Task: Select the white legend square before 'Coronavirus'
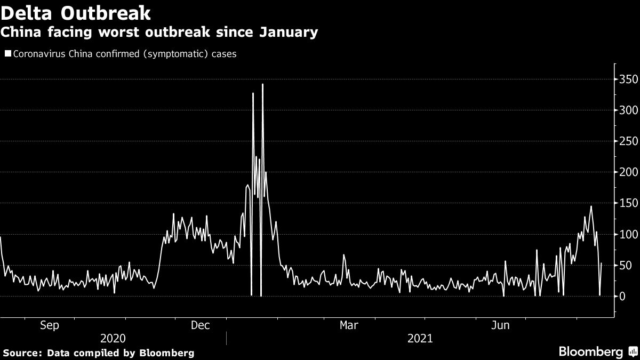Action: [7, 54]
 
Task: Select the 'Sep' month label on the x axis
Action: [50, 325]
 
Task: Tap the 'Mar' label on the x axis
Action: [349, 325]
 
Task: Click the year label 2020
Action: [113, 339]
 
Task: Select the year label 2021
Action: [420, 339]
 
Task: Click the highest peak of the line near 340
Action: [262, 84]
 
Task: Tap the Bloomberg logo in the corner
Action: [590, 351]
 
